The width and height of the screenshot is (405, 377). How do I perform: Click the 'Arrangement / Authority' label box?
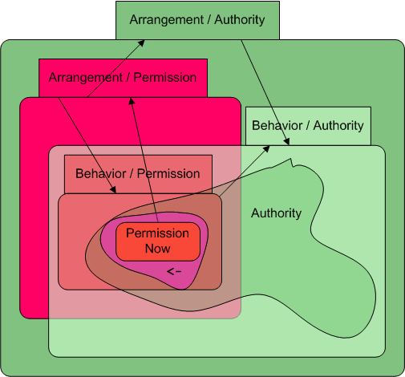click(197, 20)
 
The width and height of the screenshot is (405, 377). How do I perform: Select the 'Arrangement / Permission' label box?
click(123, 78)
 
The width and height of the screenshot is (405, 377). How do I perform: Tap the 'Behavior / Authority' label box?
click(308, 126)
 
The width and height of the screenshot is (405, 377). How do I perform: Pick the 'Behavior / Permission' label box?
click(138, 174)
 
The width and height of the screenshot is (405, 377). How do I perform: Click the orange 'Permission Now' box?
click(158, 241)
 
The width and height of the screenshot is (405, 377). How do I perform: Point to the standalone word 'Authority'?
click(276, 213)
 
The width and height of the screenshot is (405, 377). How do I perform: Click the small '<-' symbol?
click(174, 271)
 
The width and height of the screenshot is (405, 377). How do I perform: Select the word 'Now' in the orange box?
click(157, 249)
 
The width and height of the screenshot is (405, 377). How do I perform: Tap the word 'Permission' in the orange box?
click(157, 233)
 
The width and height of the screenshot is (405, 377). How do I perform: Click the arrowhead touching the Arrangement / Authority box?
click(141, 43)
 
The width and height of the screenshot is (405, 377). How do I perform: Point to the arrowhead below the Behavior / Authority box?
click(287, 142)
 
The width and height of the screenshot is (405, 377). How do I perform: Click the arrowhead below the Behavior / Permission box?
click(114, 189)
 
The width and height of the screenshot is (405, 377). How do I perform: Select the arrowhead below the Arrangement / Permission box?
click(132, 101)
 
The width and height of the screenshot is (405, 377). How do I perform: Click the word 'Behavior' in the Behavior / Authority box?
click(277, 125)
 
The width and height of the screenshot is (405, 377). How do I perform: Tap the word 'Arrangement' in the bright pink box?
click(86, 78)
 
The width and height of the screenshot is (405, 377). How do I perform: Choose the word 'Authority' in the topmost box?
click(240, 20)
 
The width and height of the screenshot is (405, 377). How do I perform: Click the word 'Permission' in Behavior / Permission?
click(168, 174)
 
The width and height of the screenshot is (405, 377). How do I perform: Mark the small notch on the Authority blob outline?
click(292, 163)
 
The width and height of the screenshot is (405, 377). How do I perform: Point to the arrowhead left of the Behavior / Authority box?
click(266, 149)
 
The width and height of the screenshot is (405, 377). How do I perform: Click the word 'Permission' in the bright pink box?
click(165, 78)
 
